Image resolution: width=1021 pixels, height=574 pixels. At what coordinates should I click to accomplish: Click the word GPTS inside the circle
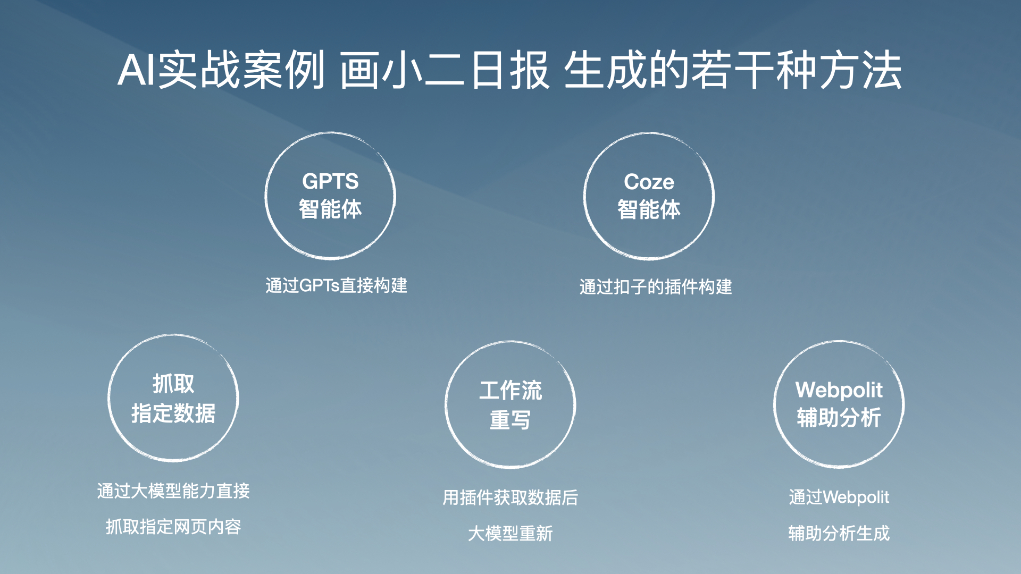click(x=330, y=181)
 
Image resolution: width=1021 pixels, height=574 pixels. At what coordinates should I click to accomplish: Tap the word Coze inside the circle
click(x=649, y=182)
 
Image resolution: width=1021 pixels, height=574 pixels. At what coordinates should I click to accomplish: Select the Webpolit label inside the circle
click(x=839, y=390)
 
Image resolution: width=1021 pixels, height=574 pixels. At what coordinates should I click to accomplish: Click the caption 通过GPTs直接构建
click(x=336, y=285)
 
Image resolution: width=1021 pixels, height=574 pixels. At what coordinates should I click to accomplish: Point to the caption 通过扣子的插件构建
click(x=656, y=287)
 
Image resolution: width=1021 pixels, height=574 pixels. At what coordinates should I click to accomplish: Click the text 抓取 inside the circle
click(x=173, y=384)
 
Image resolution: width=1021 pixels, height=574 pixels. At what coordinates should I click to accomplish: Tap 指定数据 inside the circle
click(x=173, y=413)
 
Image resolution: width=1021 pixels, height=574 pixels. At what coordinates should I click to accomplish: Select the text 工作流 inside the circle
click(x=510, y=390)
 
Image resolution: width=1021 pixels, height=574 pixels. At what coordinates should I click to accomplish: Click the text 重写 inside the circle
click(x=510, y=420)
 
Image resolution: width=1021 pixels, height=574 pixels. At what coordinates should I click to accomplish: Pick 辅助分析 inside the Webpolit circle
click(x=839, y=417)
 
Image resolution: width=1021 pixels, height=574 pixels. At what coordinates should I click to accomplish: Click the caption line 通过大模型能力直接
click(x=173, y=491)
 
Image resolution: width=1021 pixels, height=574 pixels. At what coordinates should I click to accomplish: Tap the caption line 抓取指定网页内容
click(x=173, y=527)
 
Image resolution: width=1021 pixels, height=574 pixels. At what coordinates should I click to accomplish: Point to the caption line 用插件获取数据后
click(x=510, y=497)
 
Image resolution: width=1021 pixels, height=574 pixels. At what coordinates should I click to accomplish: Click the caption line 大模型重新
click(x=510, y=533)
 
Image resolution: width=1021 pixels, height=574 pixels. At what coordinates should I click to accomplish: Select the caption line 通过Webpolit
click(x=839, y=497)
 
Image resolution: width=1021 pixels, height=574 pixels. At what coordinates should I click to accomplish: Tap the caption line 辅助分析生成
click(x=839, y=533)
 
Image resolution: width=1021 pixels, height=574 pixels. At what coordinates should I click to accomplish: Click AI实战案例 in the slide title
click(x=221, y=70)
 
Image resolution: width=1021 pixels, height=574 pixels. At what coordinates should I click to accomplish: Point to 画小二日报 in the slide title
click(x=445, y=70)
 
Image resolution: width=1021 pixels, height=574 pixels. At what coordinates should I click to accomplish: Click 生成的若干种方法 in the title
click(x=733, y=70)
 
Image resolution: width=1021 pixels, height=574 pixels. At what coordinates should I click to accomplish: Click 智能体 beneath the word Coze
click(x=649, y=209)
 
